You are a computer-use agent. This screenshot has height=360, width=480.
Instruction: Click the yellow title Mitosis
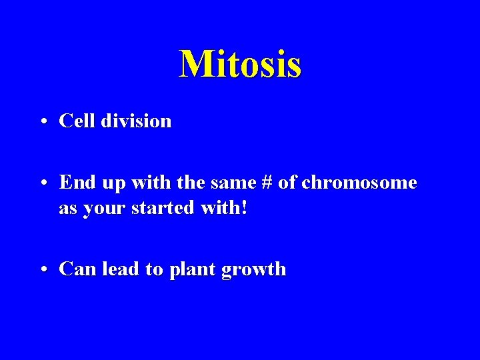pos(240,64)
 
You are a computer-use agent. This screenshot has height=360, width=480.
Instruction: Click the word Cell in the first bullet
pos(75,121)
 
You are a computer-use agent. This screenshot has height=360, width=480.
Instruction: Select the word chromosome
pos(359,183)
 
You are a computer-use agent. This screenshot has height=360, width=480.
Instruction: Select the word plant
pos(190,270)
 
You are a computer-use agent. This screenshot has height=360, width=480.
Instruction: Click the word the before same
pos(185,182)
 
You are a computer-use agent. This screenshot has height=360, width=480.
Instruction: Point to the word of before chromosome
pos(287,182)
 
